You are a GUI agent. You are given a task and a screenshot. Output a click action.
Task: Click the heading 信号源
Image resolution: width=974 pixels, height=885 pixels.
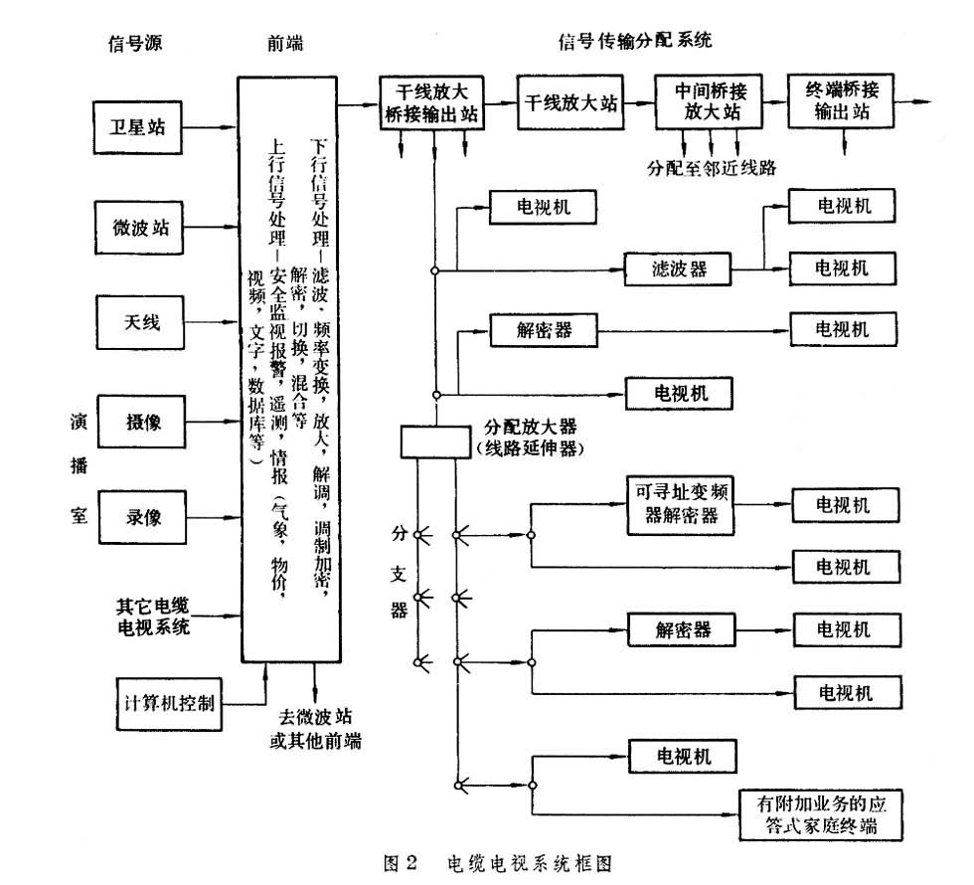(134, 45)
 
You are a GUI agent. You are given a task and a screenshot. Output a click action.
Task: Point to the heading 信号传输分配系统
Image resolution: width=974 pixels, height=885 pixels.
(635, 41)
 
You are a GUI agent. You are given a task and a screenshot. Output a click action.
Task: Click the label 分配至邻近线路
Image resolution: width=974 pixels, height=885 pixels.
(711, 167)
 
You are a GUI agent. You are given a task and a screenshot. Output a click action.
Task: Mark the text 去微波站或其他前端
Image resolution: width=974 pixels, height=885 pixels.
(315, 728)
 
